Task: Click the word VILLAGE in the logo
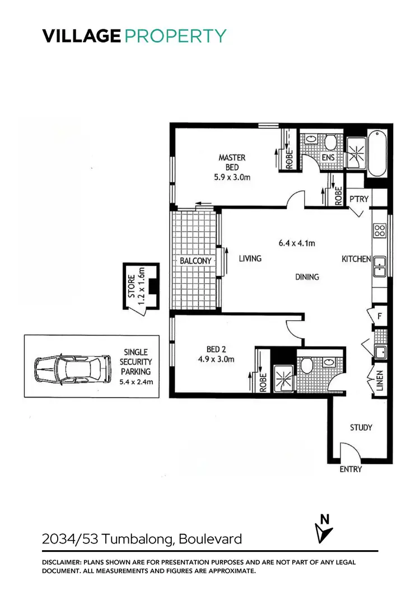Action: click(x=81, y=36)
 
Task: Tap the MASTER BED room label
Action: click(x=232, y=163)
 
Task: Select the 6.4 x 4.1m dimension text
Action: click(x=297, y=243)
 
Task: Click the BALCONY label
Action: click(x=195, y=261)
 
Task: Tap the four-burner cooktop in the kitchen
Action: click(x=379, y=230)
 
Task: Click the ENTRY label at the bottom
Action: click(x=351, y=469)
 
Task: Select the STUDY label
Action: click(x=361, y=427)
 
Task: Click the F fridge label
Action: click(x=379, y=316)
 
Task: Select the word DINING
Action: click(x=307, y=276)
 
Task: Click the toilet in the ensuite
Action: click(x=329, y=141)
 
